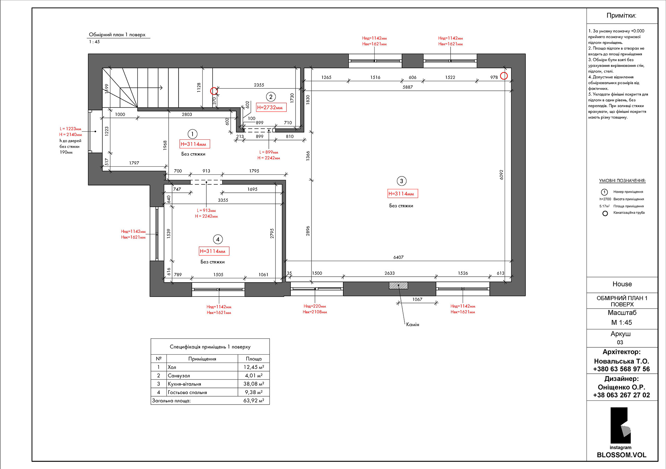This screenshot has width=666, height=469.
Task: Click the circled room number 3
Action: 401,181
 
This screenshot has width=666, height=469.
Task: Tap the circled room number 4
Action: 218,239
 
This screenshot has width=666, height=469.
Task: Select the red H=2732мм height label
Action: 271,107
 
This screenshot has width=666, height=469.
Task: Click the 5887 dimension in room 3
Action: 408,87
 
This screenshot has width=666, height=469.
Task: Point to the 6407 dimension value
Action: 399,257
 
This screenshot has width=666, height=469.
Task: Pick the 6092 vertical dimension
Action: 501,175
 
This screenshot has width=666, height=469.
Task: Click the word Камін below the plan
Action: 413,324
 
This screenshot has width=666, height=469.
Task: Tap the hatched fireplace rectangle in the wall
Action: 399,286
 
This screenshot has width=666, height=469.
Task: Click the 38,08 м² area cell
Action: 254,384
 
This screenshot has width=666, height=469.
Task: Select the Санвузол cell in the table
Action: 179,375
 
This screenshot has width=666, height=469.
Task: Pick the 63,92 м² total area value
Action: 254,400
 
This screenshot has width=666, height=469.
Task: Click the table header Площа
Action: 254,359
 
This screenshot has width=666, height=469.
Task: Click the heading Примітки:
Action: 621,16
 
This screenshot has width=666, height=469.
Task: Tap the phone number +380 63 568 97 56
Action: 621,369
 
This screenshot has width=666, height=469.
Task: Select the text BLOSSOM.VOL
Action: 621,455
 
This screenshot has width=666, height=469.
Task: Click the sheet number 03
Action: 620,342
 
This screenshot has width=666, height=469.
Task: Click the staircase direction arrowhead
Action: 161,88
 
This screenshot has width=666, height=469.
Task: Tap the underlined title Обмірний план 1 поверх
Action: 117,35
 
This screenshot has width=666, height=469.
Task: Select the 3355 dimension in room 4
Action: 223,200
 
